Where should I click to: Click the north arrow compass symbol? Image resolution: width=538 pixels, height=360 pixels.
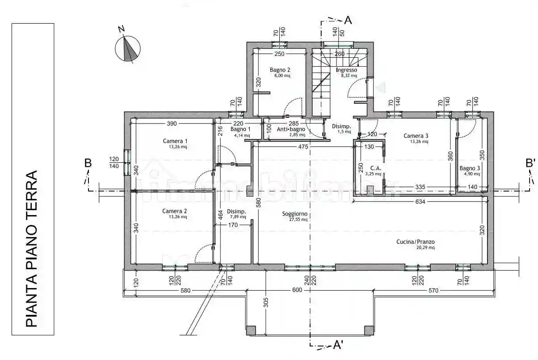(128, 48)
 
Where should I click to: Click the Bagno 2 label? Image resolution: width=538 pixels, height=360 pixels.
(280, 70)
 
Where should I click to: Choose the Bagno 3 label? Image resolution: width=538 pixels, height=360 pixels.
(470, 169)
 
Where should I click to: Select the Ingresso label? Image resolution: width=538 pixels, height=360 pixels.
(346, 70)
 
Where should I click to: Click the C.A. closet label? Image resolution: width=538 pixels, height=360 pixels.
(376, 169)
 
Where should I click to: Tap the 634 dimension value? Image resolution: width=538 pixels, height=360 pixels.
(420, 202)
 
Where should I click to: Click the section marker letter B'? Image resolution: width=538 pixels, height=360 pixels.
(530, 163)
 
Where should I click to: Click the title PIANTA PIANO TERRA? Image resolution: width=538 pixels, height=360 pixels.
(32, 248)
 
